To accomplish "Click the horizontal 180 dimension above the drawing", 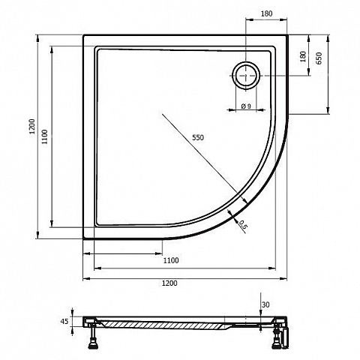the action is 266,13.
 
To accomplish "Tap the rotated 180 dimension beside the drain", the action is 303,57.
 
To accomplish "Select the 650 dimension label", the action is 319,58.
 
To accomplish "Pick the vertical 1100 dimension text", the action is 45,136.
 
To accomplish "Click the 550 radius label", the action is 198,137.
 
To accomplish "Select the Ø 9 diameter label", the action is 246,106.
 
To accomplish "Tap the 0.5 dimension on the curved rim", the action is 242,224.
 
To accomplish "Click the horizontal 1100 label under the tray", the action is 171,260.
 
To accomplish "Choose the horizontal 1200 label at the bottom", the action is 169,283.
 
